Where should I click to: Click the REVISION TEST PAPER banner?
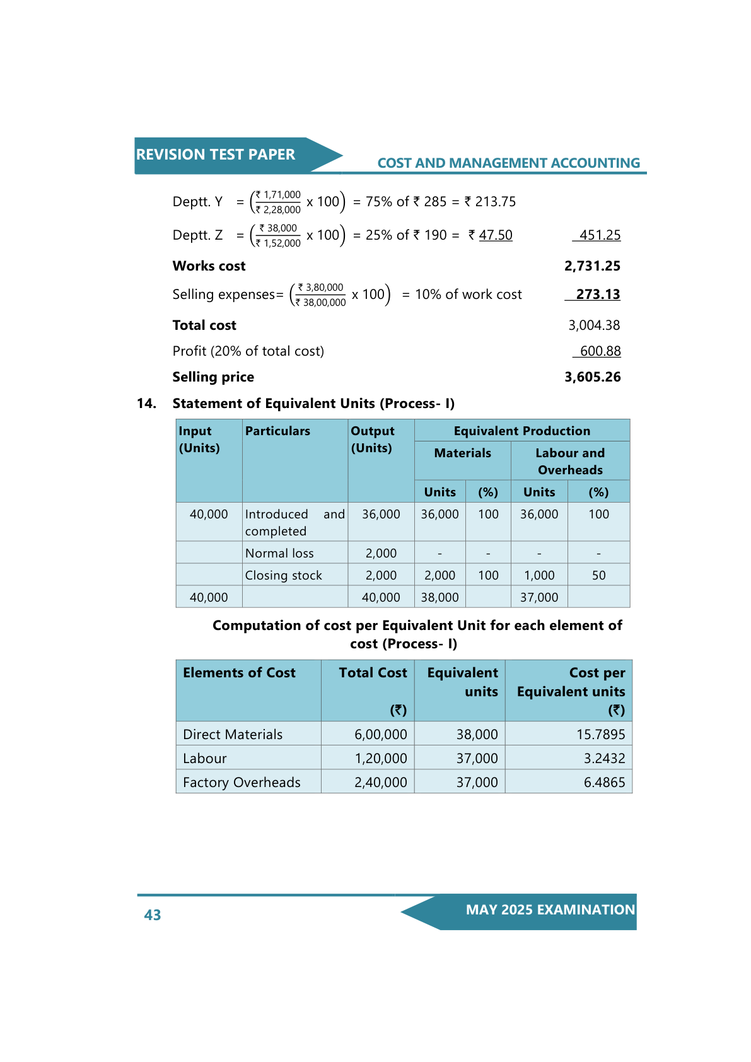(x=216, y=155)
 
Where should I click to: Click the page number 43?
(x=153, y=915)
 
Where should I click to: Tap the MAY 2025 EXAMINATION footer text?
(x=550, y=910)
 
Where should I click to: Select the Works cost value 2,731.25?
(x=592, y=266)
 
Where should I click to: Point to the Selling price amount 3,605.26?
(x=592, y=377)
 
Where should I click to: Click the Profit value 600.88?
(x=600, y=351)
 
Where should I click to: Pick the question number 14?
(x=146, y=404)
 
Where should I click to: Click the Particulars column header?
(x=277, y=431)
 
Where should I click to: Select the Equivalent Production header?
(x=521, y=431)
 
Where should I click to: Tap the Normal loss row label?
(x=279, y=554)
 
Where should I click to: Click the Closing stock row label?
(x=283, y=576)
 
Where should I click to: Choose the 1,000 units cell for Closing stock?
(x=539, y=576)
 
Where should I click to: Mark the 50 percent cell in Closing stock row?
(x=598, y=576)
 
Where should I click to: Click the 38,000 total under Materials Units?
(x=440, y=598)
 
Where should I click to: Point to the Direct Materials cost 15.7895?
(x=600, y=735)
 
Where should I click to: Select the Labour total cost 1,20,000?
(x=380, y=759)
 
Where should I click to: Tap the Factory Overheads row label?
(x=242, y=783)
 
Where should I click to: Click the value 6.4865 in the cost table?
(x=604, y=783)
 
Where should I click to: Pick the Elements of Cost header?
(x=239, y=673)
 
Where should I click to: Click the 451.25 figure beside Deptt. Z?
(x=600, y=235)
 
